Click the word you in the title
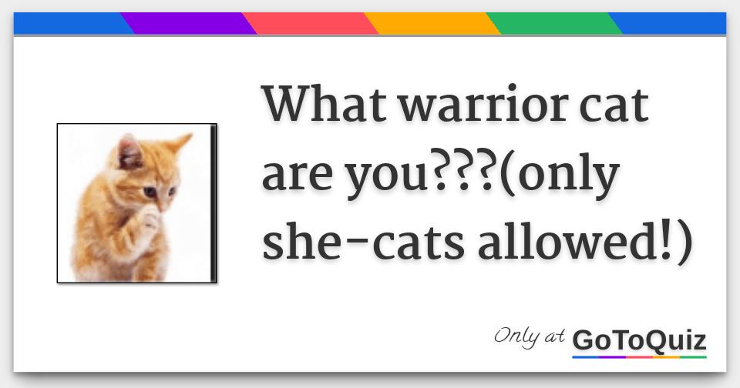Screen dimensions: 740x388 (386, 179)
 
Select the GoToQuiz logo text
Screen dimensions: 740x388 (640, 340)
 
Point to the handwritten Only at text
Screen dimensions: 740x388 (529, 336)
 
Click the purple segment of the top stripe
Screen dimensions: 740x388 (188, 24)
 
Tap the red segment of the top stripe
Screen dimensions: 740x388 (310, 24)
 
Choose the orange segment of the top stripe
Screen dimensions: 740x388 (432, 24)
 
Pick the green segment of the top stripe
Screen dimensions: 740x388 (554, 24)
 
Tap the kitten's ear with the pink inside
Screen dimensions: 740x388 (129, 152)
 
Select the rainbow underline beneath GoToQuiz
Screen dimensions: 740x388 (640, 357)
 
